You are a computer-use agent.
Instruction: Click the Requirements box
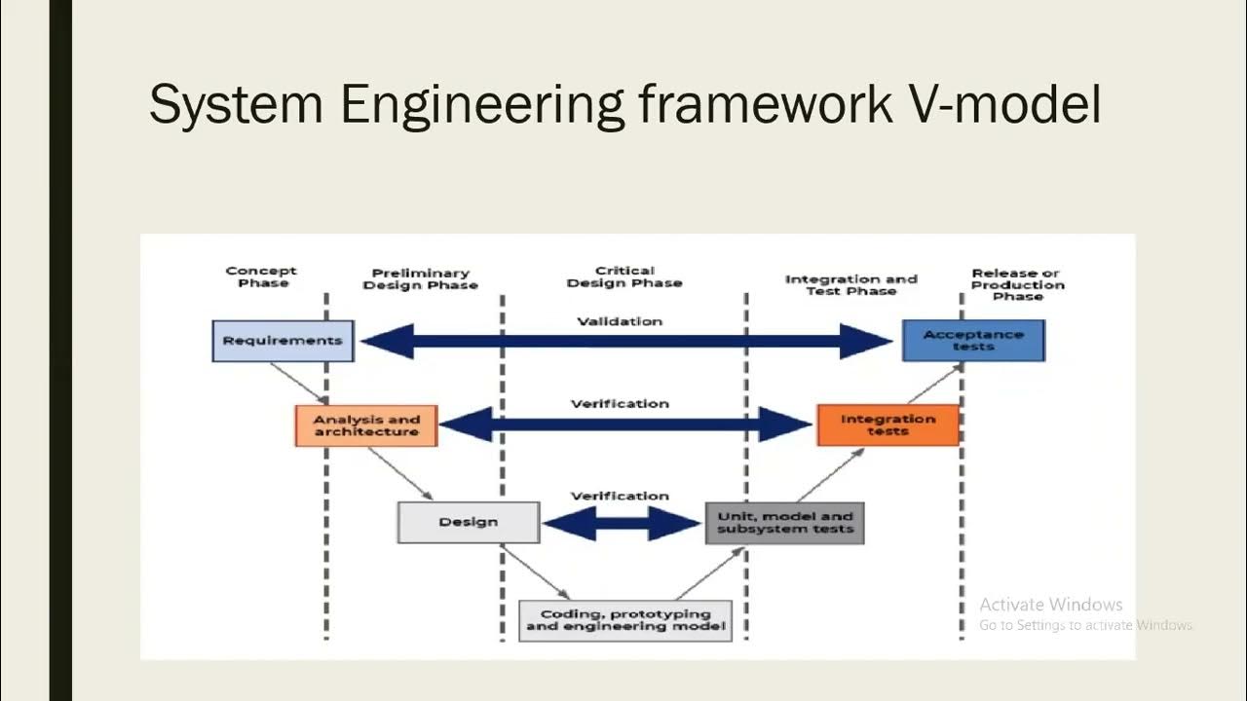[x=283, y=341]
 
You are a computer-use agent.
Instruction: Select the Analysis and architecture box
[x=366, y=425]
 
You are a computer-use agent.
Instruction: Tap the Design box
[x=468, y=522]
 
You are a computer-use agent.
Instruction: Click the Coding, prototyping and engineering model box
[x=624, y=620]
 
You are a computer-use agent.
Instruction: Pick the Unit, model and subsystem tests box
[x=784, y=523]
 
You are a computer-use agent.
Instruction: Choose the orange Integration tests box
[x=888, y=425]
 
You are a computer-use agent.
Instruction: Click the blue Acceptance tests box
[x=973, y=341]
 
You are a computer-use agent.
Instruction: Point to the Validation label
[x=620, y=321]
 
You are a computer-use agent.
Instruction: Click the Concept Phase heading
[x=261, y=277]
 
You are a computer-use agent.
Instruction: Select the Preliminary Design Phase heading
[x=420, y=279]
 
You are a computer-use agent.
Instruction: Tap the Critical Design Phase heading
[x=624, y=277]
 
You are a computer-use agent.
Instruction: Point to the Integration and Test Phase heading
[x=851, y=284]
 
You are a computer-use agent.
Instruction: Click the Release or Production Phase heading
[x=1017, y=284]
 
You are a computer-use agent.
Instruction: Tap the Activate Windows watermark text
[x=1051, y=605]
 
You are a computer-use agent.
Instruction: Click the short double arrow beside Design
[x=622, y=524]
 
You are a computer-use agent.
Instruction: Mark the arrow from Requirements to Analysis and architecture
[x=299, y=383]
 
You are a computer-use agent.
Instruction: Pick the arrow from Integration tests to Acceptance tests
[x=934, y=384]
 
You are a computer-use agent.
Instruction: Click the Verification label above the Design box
[x=620, y=496]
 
